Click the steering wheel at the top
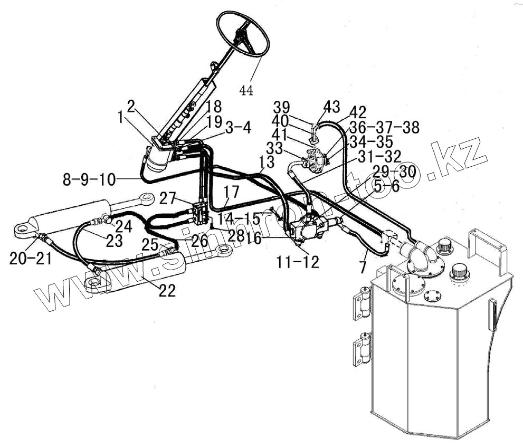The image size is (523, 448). [243, 35]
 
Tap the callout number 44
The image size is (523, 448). [246, 90]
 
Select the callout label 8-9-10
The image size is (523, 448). [89, 179]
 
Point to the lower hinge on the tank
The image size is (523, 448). [363, 350]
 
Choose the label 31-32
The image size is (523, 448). [379, 156]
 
